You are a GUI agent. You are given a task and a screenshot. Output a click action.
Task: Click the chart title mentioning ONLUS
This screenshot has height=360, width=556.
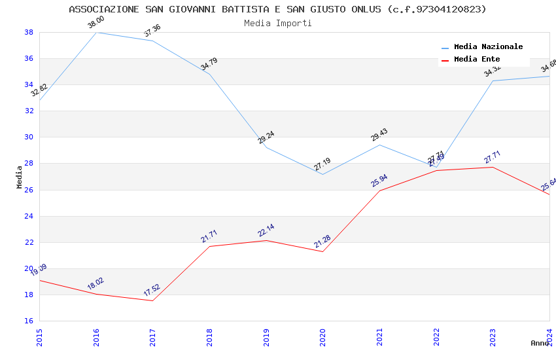[277, 9]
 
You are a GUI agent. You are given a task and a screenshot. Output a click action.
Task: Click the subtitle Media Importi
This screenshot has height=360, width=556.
[277, 23]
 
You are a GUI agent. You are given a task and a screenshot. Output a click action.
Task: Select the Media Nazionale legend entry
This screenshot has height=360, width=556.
[488, 47]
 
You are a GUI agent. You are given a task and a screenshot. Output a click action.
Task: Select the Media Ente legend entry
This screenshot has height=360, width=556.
[476, 60]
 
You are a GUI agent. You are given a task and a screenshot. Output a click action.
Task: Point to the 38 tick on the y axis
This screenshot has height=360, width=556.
[29, 32]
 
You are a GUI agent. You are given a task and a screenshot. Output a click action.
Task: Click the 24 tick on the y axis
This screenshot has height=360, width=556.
[29, 216]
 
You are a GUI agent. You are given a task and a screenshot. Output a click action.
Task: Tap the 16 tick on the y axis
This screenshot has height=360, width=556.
[29, 321]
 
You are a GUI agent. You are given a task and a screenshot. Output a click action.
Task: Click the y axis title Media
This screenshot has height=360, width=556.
[20, 177]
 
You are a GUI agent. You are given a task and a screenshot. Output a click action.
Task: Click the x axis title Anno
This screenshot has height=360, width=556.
[540, 343]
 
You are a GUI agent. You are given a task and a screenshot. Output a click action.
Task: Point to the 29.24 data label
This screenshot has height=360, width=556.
[266, 137]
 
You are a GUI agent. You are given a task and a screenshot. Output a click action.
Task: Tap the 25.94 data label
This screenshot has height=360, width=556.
[379, 181]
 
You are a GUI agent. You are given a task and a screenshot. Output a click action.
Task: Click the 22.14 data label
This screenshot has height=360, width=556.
[266, 230]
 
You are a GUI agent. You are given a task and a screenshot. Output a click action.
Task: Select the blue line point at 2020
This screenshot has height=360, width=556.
[322, 174]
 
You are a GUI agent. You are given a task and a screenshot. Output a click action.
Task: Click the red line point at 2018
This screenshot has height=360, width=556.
[209, 246]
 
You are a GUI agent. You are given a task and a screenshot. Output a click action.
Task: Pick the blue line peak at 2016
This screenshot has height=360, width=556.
[96, 32]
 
